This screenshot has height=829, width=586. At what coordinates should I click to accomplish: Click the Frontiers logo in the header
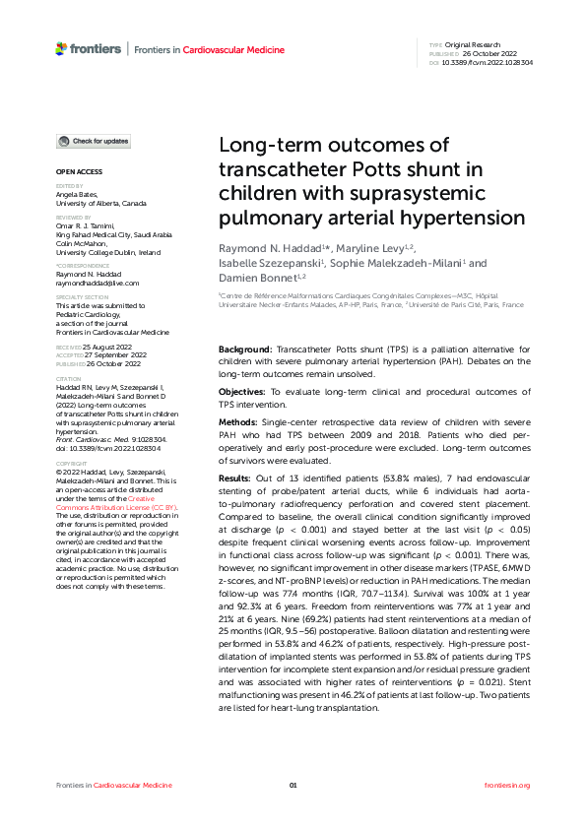point(89,48)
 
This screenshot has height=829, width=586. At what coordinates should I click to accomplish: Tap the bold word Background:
point(245,350)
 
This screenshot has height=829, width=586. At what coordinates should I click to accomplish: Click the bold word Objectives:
point(242,392)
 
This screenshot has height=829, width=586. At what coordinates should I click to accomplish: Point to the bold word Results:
point(236,477)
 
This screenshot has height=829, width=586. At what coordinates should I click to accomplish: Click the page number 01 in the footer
point(293,785)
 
